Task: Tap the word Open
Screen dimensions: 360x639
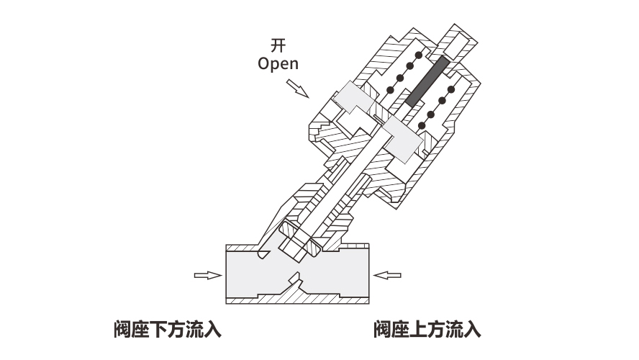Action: coord(278,63)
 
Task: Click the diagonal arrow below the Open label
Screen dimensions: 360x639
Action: coord(296,88)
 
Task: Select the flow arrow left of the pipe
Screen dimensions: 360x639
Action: coord(207,274)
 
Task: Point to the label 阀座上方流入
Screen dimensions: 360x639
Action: coord(427,330)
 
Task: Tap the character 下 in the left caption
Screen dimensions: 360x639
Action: coord(158,330)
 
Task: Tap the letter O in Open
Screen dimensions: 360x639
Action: coord(263,63)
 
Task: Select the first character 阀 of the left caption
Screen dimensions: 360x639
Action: coord(122,330)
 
